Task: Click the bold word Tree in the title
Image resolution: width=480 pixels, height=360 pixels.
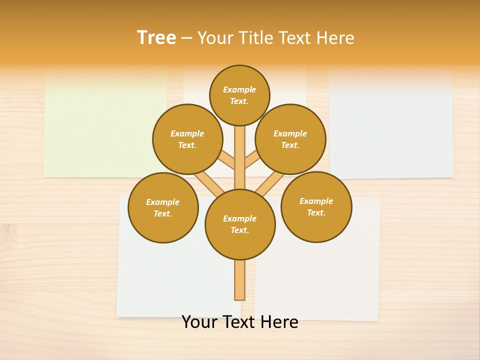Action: coord(156,37)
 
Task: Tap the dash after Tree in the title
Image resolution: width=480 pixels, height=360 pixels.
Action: coord(186,38)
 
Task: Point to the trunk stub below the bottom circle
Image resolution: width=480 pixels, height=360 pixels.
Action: coord(239,280)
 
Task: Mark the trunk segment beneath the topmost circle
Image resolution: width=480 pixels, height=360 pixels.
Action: coord(239,155)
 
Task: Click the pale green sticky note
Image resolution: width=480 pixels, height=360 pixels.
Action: coord(100,125)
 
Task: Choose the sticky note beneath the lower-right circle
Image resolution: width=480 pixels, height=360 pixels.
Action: coord(320,280)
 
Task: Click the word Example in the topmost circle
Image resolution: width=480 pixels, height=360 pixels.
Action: coord(239,89)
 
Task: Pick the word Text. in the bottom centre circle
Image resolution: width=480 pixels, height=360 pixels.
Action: coord(239,230)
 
